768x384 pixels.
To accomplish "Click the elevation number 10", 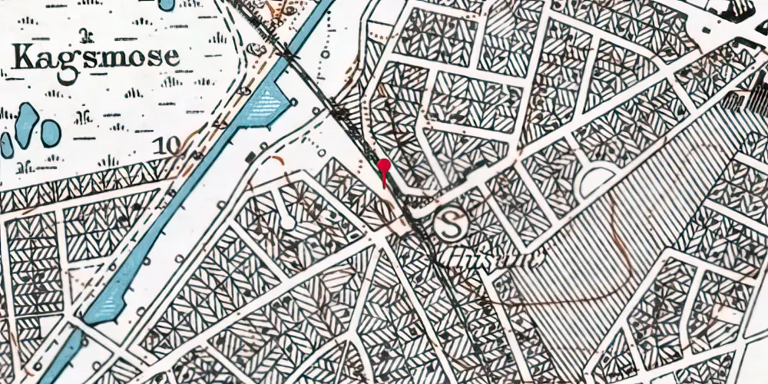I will [162, 145].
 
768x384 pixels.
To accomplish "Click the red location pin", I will [384, 168].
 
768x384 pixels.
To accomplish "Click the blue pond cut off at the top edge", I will [166, 4].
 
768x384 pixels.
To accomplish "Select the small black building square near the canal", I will [250, 157].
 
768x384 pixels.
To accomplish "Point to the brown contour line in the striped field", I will [614, 230].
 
